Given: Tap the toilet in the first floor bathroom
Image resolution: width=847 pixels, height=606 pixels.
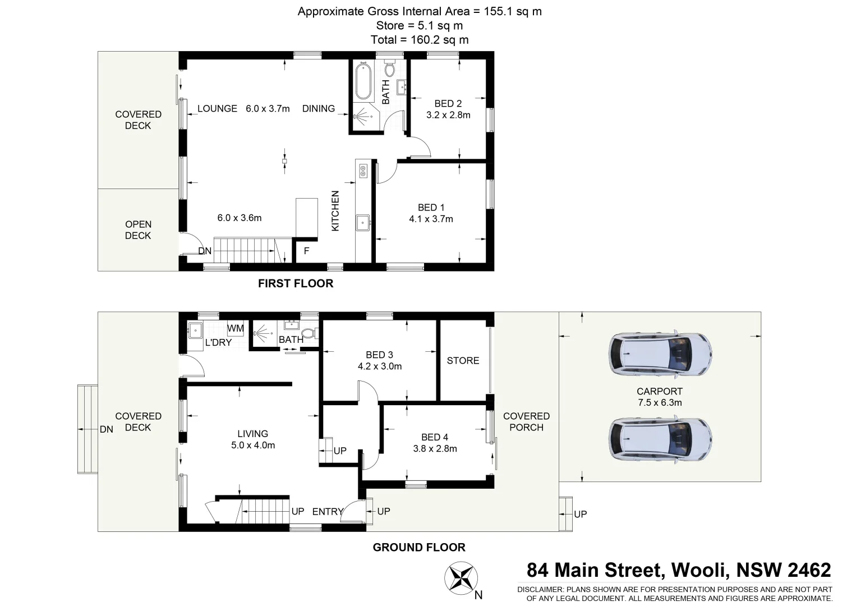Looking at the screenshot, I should (390, 70).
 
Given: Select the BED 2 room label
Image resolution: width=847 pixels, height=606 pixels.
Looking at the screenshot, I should (448, 103).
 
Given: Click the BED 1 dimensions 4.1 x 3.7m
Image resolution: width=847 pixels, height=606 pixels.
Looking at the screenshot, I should (431, 219).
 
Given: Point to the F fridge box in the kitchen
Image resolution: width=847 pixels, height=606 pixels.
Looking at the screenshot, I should (306, 251).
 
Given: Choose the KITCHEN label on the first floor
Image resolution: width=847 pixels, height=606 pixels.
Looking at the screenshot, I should (335, 211).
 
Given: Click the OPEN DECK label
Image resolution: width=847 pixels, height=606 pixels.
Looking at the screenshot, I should (138, 229).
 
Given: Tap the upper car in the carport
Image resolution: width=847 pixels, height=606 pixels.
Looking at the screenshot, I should (661, 355).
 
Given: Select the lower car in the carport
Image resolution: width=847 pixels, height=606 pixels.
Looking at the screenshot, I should (661, 439).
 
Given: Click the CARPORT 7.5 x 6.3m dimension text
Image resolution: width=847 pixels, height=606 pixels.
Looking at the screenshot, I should (659, 402).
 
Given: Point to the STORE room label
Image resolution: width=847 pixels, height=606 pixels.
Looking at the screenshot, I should (463, 360).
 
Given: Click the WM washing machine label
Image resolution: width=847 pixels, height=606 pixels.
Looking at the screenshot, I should (235, 328).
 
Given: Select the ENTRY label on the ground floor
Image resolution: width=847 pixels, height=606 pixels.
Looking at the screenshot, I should (328, 511).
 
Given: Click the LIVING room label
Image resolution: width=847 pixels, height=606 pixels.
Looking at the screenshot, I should (252, 433).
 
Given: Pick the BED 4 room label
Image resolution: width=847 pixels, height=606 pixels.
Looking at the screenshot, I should (435, 437).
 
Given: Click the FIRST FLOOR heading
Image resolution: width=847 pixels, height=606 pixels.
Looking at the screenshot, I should (296, 283).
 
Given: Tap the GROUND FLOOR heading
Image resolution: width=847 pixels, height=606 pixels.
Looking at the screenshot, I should (419, 547).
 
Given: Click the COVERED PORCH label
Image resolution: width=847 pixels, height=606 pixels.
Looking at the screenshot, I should (526, 421).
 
